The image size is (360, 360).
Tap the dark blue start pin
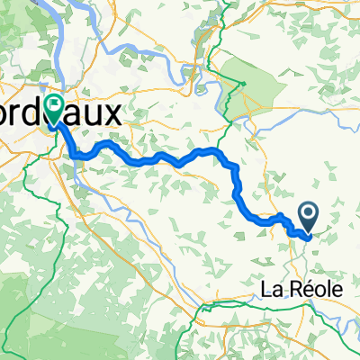309,216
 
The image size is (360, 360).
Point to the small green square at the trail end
242,86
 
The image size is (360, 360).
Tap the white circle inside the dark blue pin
309,214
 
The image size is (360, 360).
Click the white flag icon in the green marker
55,107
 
